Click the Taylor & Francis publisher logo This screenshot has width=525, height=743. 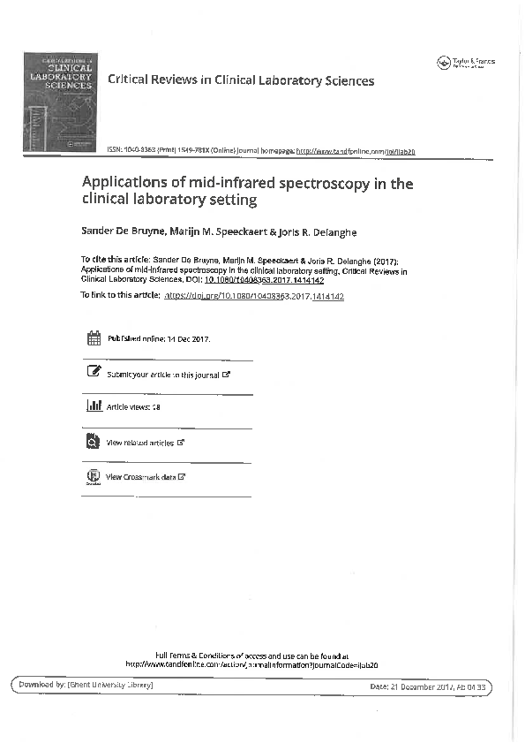point(466,63)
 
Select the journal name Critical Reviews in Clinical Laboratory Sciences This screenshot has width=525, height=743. point(240,80)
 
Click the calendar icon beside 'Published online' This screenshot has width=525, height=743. point(94,338)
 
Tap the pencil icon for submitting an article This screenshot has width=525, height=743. point(94,373)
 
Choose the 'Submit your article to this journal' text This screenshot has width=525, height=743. point(162,375)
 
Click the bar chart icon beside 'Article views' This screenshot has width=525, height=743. point(94,406)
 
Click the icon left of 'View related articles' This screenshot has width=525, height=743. point(94,441)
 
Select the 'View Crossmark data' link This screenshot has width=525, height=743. point(141,477)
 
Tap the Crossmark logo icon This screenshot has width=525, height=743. point(94,477)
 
